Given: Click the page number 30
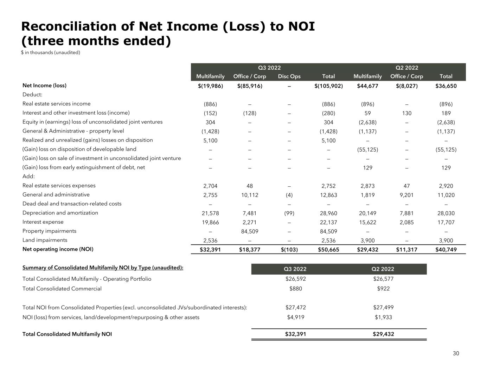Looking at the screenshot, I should point(456,353).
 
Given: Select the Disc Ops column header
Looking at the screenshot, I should point(289,76).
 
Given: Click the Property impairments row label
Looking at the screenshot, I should point(49,231).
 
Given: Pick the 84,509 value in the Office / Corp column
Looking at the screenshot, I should point(250,231).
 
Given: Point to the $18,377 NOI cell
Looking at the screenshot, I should point(250,250).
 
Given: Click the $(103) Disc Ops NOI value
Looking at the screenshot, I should point(289,250).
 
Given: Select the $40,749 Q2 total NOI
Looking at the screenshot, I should point(446,250).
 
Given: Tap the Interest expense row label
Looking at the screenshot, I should point(43,222).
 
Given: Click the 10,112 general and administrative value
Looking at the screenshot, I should point(250,195).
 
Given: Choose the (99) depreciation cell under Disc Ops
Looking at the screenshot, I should point(289,213).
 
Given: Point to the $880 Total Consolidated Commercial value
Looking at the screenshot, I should point(295,289).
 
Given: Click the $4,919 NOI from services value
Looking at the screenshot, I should point(295,317).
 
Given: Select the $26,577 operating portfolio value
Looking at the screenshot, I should point(383,279).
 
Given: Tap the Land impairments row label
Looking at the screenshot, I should point(45,240).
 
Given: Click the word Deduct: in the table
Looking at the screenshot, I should point(32,95).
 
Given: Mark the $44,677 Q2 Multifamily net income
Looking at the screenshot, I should point(367,85).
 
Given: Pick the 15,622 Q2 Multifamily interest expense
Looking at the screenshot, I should point(367,222).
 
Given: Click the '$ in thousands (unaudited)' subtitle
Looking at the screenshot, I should point(51,52).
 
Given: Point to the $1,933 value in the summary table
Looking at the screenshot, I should point(383,317).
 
